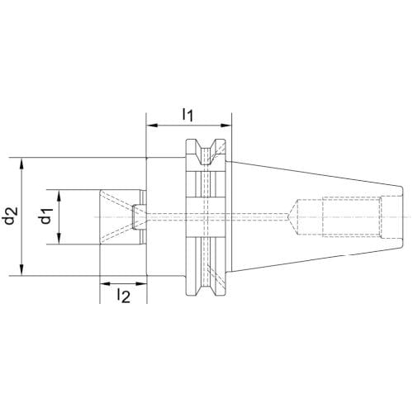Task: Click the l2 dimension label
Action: point(124,296)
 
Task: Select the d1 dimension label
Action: point(45,216)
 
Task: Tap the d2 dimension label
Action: point(11,216)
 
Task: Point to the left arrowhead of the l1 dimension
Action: point(152,126)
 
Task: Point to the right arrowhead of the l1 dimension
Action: point(225,126)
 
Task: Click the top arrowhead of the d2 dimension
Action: point(21,164)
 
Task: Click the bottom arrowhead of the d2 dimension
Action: point(21,269)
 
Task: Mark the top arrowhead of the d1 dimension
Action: point(59,196)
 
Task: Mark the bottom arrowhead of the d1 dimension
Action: point(59,239)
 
